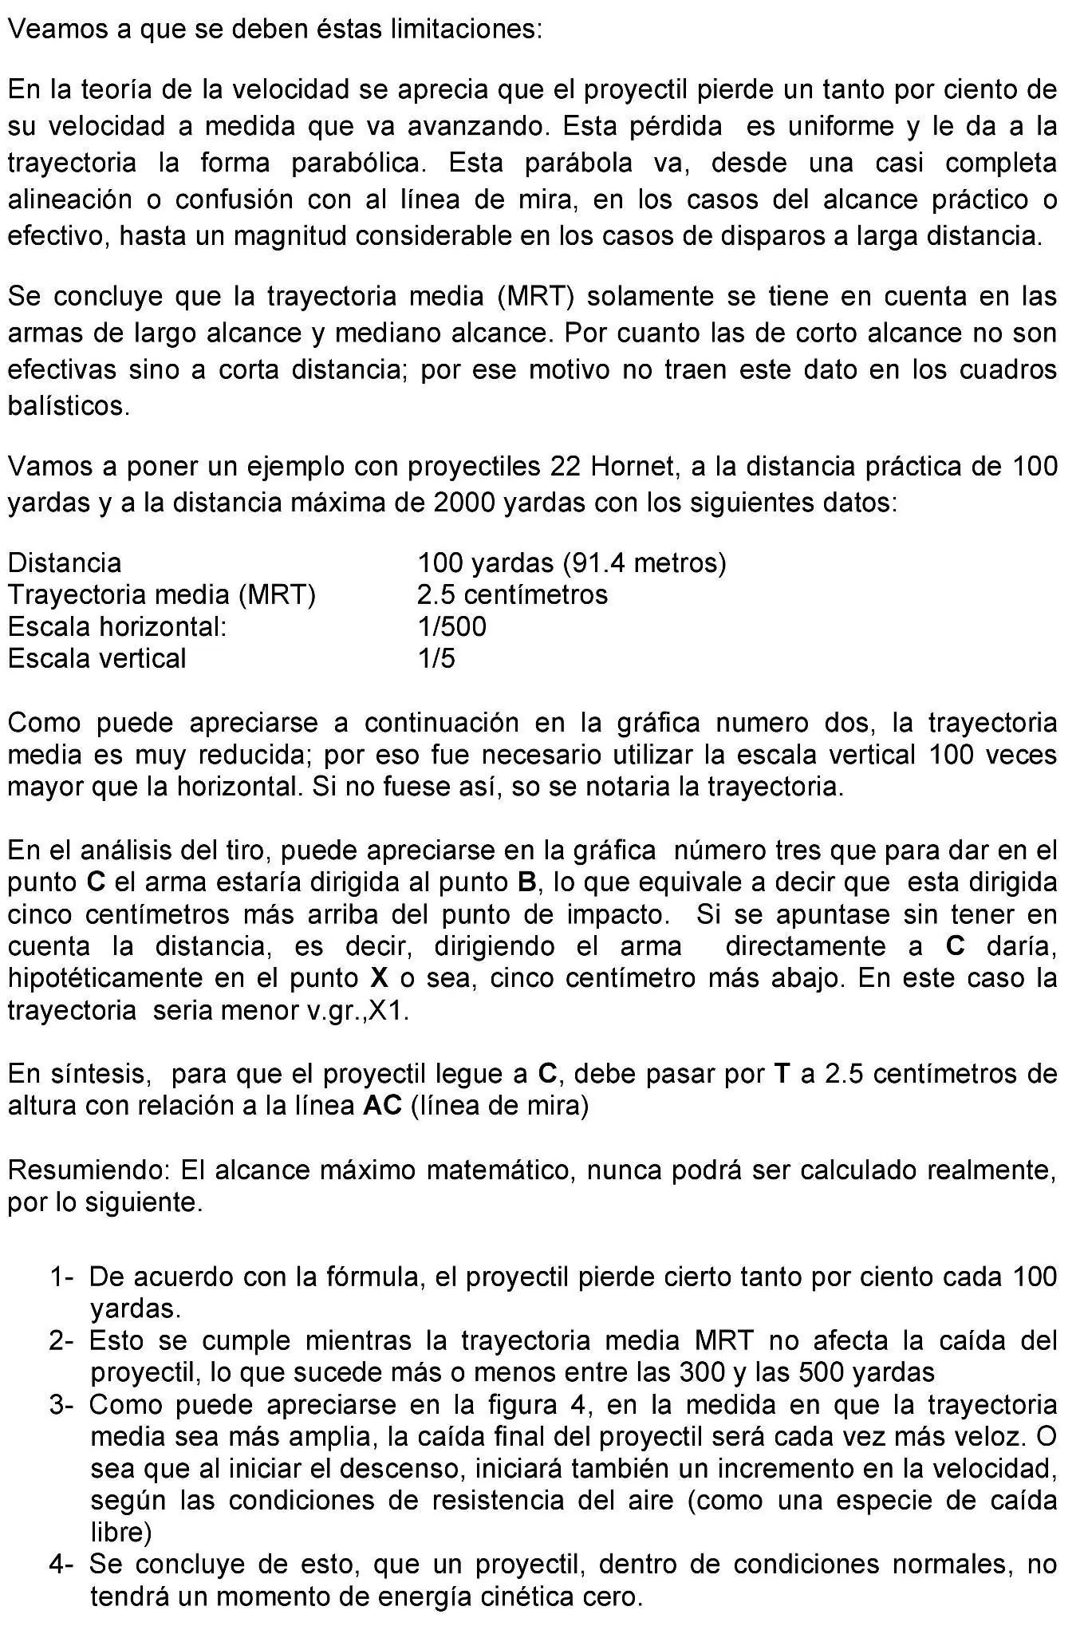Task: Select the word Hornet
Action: (633, 466)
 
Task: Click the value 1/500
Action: (451, 626)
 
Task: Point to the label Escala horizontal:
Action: (117, 626)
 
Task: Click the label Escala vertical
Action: (97, 658)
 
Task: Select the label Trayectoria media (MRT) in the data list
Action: (162, 594)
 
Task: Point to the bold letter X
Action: (379, 977)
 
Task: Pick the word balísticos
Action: (69, 406)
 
